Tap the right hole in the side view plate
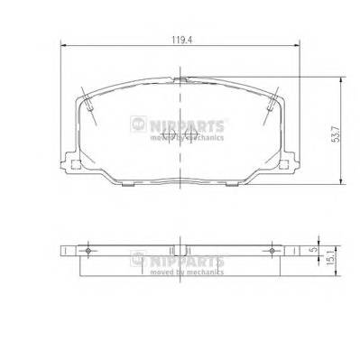tap(272, 249)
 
